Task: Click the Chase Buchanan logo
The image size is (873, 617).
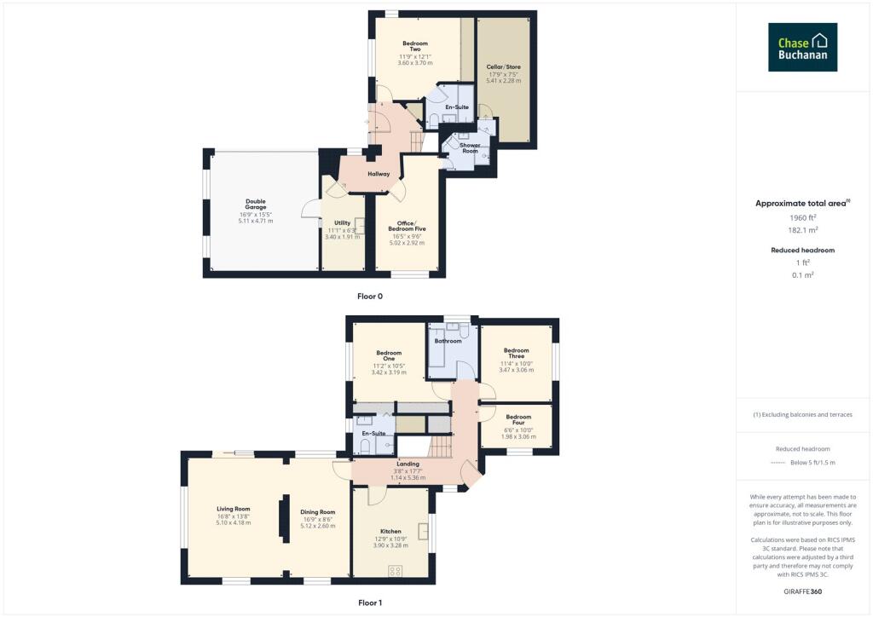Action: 802,47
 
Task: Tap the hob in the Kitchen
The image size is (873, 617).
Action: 396,570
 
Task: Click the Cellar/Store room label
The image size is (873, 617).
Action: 502,66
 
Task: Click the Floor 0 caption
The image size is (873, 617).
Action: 369,297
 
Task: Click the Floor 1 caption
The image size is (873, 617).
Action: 369,603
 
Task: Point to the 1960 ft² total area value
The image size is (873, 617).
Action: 802,218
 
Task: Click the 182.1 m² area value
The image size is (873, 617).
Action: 802,230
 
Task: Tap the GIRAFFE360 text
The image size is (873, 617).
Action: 802,591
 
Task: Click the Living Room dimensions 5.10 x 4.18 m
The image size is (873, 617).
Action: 233,522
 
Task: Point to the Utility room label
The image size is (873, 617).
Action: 342,222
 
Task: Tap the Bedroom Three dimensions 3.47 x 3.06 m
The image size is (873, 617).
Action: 517,370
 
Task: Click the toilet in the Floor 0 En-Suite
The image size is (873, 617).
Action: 434,118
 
